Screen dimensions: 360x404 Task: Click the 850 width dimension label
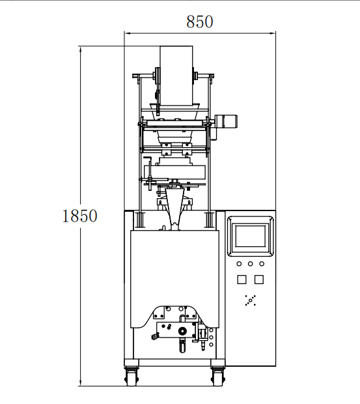pyautogui.click(x=200, y=22)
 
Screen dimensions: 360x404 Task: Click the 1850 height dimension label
pyautogui.click(x=80, y=216)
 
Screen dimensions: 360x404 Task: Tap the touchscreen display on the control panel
pyautogui.click(x=251, y=236)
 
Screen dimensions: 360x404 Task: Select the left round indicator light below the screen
pyautogui.click(x=239, y=264)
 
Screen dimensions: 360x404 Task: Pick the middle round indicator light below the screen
pyautogui.click(x=251, y=264)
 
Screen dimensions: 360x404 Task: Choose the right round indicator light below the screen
pyautogui.click(x=262, y=264)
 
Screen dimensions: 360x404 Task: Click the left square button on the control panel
pyautogui.click(x=242, y=280)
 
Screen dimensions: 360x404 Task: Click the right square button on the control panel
pyautogui.click(x=259, y=280)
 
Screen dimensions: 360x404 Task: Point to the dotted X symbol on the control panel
pyautogui.click(x=251, y=300)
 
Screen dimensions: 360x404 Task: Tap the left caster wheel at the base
pyautogui.click(x=132, y=377)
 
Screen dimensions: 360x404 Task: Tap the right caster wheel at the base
pyautogui.click(x=217, y=377)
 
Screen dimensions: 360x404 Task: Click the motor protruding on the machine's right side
pyautogui.click(x=226, y=121)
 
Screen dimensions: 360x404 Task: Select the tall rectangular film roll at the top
pyautogui.click(x=176, y=76)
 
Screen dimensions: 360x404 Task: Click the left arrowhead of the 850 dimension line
pyautogui.click(x=126, y=33)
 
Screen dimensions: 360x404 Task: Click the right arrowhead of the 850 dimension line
pyautogui.click(x=273, y=33)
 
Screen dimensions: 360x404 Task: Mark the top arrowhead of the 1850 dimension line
pyautogui.click(x=81, y=49)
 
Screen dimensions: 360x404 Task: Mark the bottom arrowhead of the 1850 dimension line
pyautogui.click(x=81, y=383)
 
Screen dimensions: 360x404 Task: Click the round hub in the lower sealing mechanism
pyautogui.click(x=182, y=330)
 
